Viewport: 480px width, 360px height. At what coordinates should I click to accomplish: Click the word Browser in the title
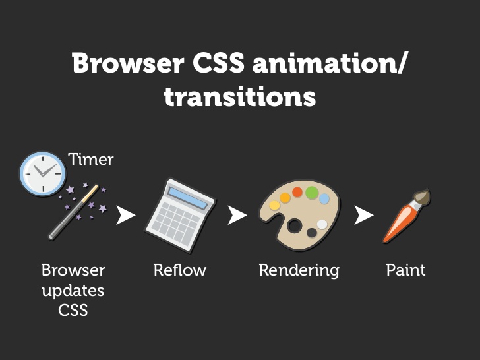tap(129, 63)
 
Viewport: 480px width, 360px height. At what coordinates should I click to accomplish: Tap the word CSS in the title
tap(219, 63)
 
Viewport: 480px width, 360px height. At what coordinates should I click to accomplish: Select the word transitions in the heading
tap(240, 96)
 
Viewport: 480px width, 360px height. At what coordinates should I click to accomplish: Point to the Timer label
tap(91, 159)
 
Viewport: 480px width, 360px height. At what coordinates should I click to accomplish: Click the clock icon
tap(43, 173)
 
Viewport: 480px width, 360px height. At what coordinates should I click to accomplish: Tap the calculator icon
tap(181, 216)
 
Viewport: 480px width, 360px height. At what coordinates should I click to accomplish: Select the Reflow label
tap(180, 270)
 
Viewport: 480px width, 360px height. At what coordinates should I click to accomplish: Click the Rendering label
tap(299, 270)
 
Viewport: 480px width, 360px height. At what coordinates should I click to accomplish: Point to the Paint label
tap(405, 270)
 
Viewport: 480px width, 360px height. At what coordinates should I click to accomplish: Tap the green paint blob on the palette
tap(312, 193)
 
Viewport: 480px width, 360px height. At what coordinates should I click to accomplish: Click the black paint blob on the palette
tap(312, 233)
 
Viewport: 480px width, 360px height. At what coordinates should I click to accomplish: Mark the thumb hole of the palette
tap(295, 226)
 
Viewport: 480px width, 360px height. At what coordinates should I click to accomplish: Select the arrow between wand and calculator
tap(125, 215)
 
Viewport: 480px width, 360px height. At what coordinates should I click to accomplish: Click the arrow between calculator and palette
tap(237, 215)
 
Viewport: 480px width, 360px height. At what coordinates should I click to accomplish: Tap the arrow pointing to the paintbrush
tap(364, 215)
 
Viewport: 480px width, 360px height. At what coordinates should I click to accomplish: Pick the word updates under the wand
tap(73, 291)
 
